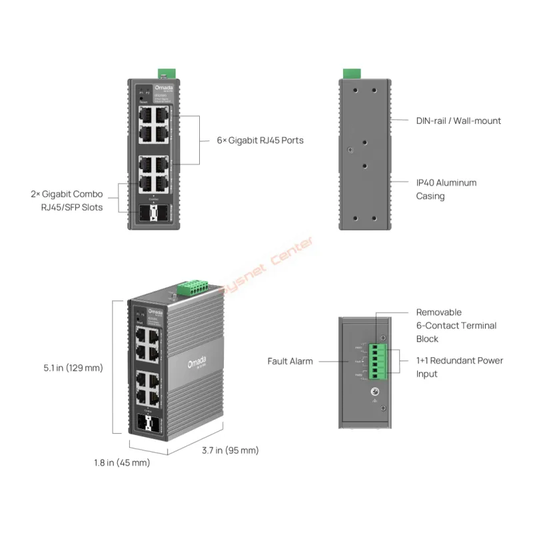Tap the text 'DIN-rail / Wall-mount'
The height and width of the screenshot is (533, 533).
pos(458,121)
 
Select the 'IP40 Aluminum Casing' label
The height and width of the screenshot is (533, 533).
pos(446,189)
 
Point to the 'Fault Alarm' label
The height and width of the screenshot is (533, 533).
pos(290,361)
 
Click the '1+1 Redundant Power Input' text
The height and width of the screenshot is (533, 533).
pos(460,367)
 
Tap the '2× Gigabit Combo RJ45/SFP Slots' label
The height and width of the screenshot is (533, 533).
pos(67,201)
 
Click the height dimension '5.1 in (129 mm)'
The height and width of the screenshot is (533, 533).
pos(74,368)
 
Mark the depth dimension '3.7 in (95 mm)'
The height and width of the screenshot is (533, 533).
pos(230,451)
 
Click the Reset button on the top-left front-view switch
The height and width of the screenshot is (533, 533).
pos(144,99)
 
